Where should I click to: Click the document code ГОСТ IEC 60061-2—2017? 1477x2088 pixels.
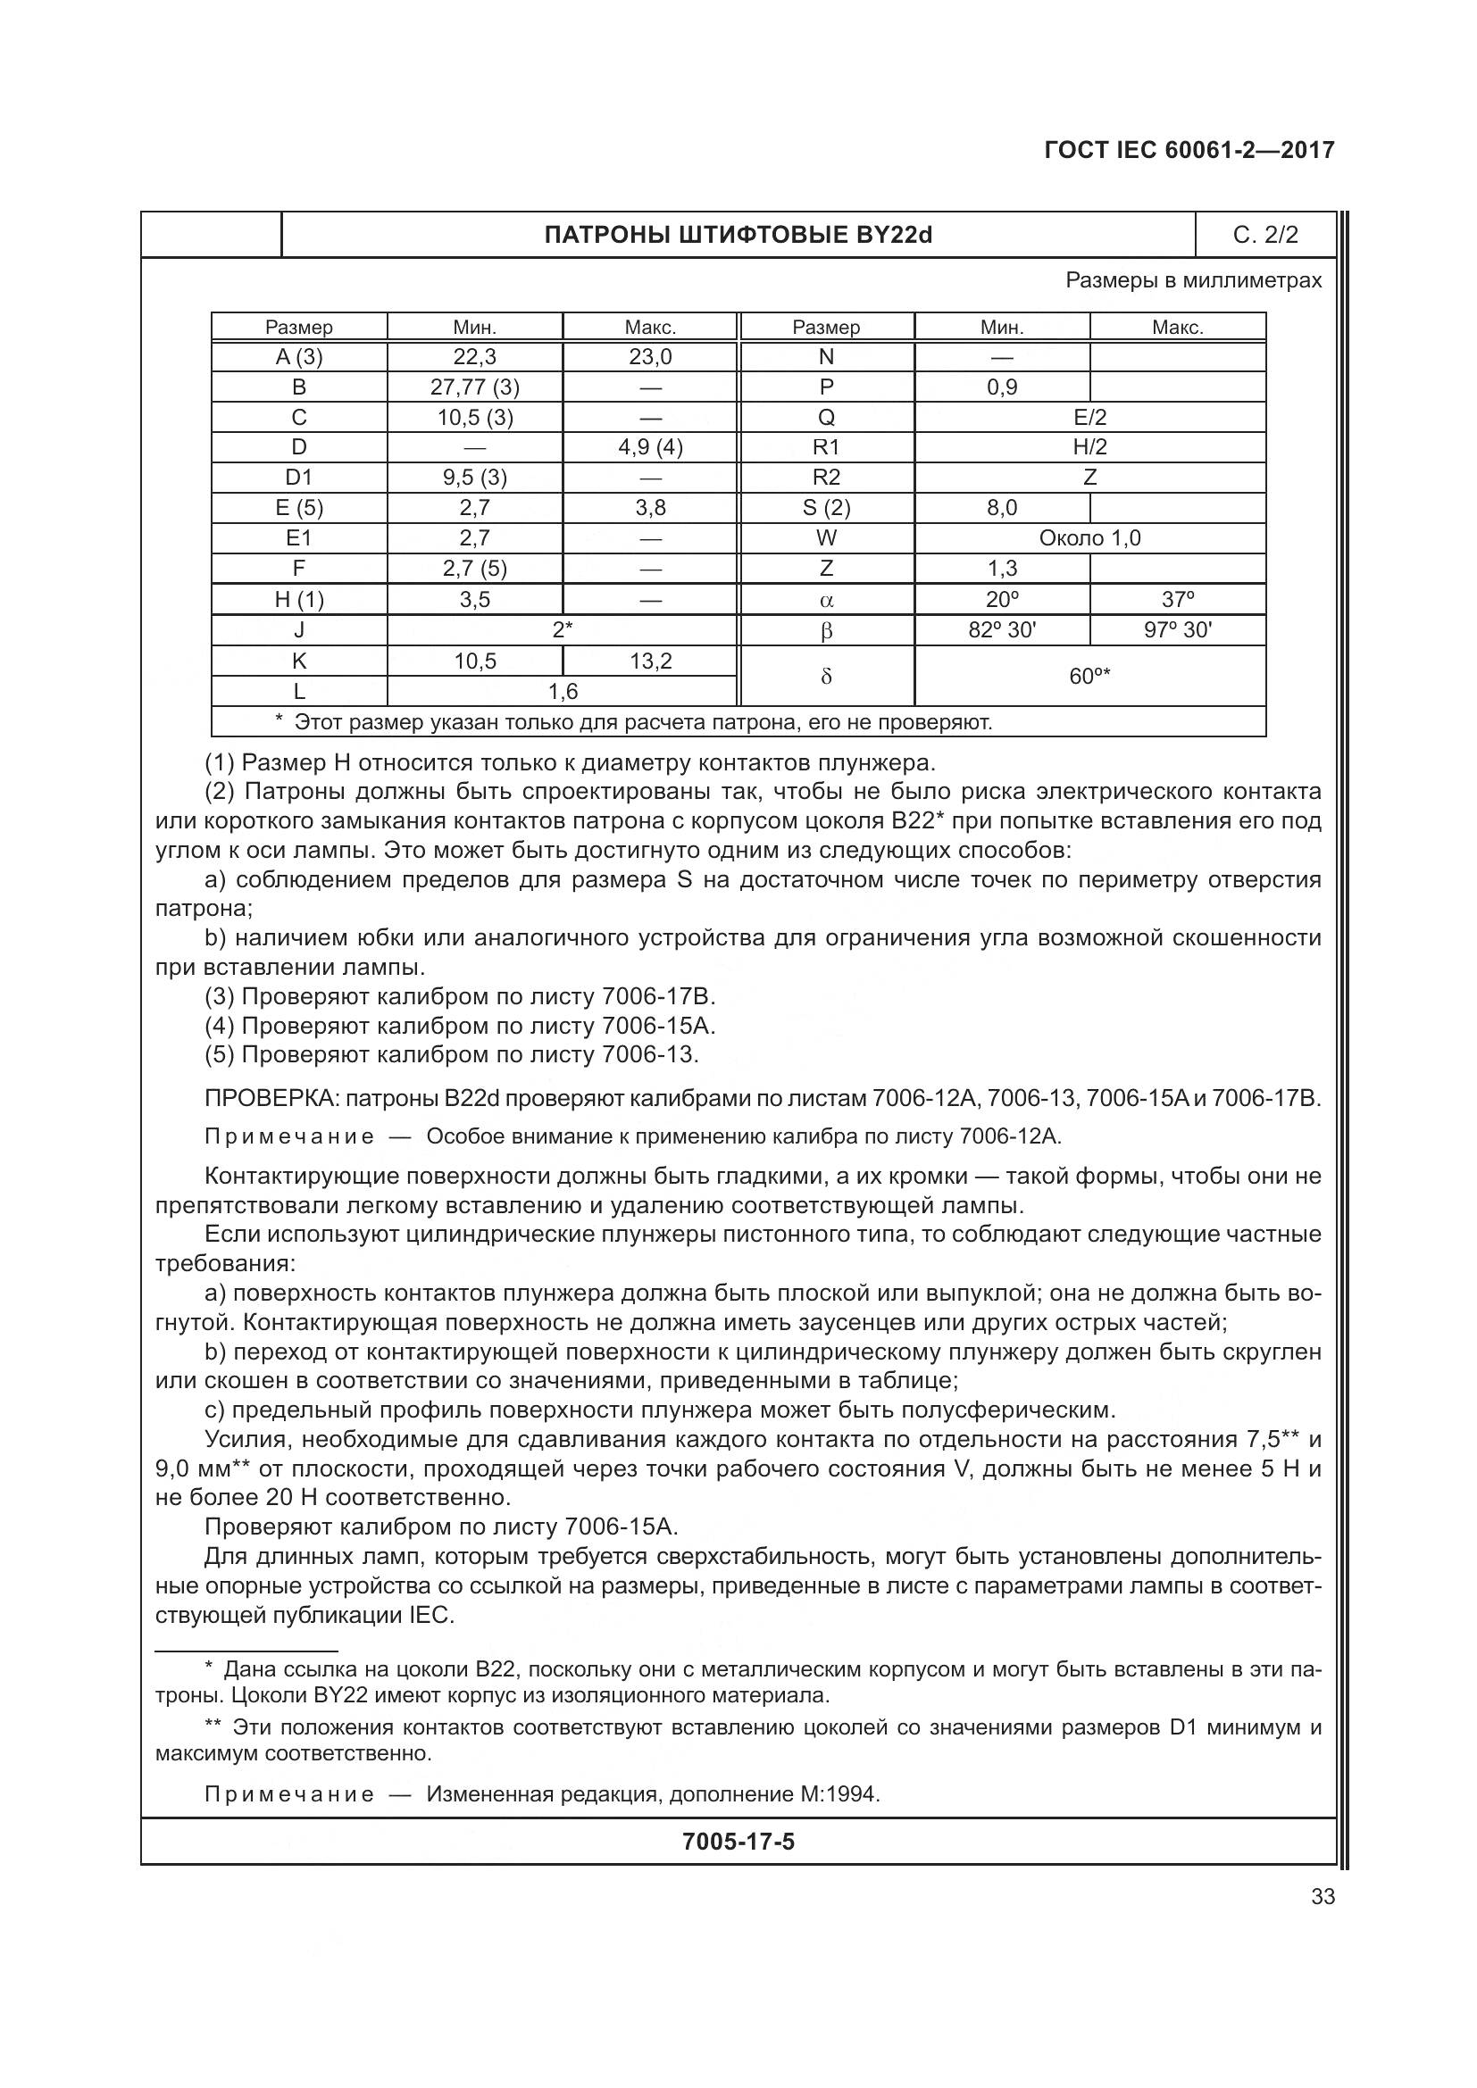click(x=1189, y=150)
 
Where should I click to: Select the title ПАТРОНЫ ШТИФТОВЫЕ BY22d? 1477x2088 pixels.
click(x=738, y=236)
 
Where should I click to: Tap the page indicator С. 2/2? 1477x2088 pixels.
click(x=1265, y=236)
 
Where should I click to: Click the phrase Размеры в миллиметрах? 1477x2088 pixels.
click(x=1193, y=280)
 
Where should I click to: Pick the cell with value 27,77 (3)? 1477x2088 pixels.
click(x=475, y=387)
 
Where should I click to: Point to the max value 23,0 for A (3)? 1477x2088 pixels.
click(x=650, y=357)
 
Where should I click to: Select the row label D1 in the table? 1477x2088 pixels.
click(x=299, y=478)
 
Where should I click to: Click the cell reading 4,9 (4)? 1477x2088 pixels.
click(x=650, y=447)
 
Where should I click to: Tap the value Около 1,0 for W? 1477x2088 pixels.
click(x=1089, y=538)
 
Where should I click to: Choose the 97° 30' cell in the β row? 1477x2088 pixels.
click(x=1177, y=630)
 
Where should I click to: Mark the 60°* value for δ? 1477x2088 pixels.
click(x=1089, y=677)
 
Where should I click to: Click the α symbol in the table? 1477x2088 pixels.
click(x=826, y=600)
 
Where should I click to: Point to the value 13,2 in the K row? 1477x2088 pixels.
click(x=650, y=661)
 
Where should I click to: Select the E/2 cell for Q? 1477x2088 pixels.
click(x=1089, y=418)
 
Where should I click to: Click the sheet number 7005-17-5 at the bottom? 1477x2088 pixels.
click(x=738, y=1842)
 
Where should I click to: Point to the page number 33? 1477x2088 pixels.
click(x=1323, y=1896)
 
